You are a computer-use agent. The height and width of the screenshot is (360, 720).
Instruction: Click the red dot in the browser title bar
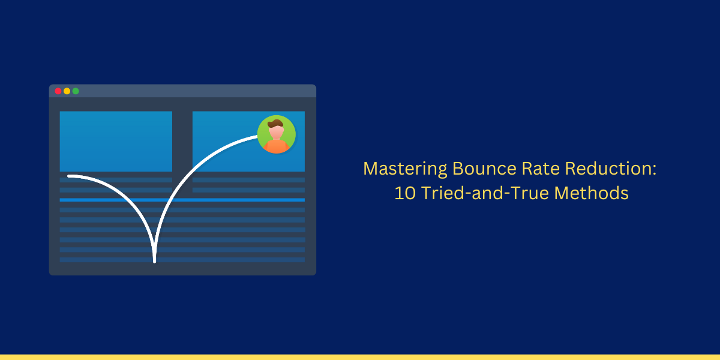click(58, 91)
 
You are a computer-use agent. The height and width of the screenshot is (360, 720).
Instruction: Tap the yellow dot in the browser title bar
click(67, 91)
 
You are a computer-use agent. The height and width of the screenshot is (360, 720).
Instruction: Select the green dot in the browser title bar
click(76, 91)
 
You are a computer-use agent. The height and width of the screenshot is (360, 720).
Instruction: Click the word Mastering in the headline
click(405, 169)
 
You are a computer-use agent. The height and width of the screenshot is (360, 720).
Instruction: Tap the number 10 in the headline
click(404, 193)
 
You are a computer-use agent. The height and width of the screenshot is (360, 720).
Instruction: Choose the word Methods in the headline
click(591, 193)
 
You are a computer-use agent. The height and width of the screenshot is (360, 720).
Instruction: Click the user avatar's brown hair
click(275, 124)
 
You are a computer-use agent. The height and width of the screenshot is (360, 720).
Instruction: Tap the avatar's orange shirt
click(276, 146)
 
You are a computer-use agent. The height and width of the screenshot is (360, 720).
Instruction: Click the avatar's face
click(276, 132)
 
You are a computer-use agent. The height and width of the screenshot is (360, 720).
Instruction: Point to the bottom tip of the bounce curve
click(155, 262)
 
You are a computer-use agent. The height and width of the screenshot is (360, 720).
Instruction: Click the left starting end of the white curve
click(69, 176)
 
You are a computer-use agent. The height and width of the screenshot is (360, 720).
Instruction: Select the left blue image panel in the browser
click(116, 142)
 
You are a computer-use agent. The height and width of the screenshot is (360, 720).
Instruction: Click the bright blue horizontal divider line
click(182, 200)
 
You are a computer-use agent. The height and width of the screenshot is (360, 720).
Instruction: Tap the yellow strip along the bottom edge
click(360, 357)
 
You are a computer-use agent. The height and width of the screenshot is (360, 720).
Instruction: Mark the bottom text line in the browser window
click(182, 260)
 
